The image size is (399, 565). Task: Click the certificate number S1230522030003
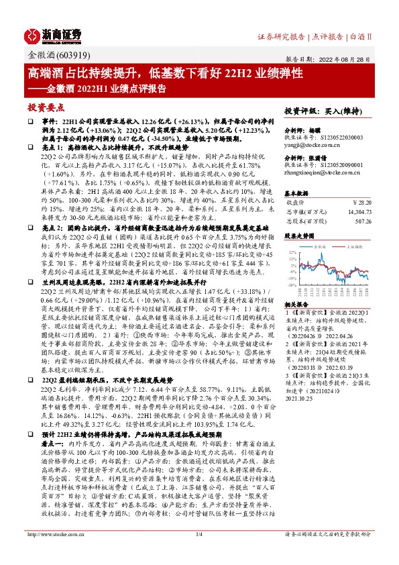(344, 137)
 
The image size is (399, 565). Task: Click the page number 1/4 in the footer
(199, 553)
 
